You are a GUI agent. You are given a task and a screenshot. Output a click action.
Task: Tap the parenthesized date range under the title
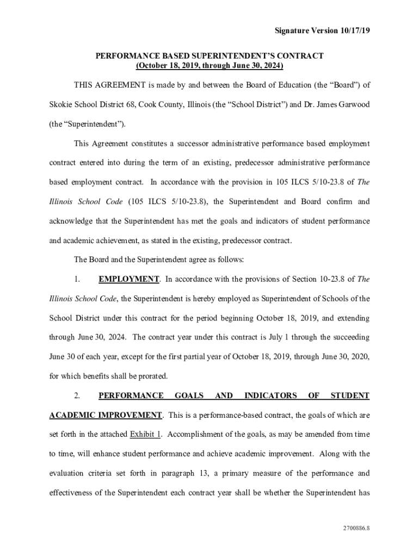pos(209,65)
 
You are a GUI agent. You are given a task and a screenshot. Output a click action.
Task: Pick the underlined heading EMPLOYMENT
pos(128,279)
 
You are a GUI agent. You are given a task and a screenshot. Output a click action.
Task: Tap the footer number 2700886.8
pos(356,528)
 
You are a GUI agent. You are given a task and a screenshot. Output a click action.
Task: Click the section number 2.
pos(77,395)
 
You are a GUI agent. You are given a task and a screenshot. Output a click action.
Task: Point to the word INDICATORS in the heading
pos(270,395)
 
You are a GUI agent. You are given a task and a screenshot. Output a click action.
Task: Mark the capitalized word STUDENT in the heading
pos(350,395)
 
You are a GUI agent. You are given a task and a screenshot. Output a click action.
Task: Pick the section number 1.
pos(77,279)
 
